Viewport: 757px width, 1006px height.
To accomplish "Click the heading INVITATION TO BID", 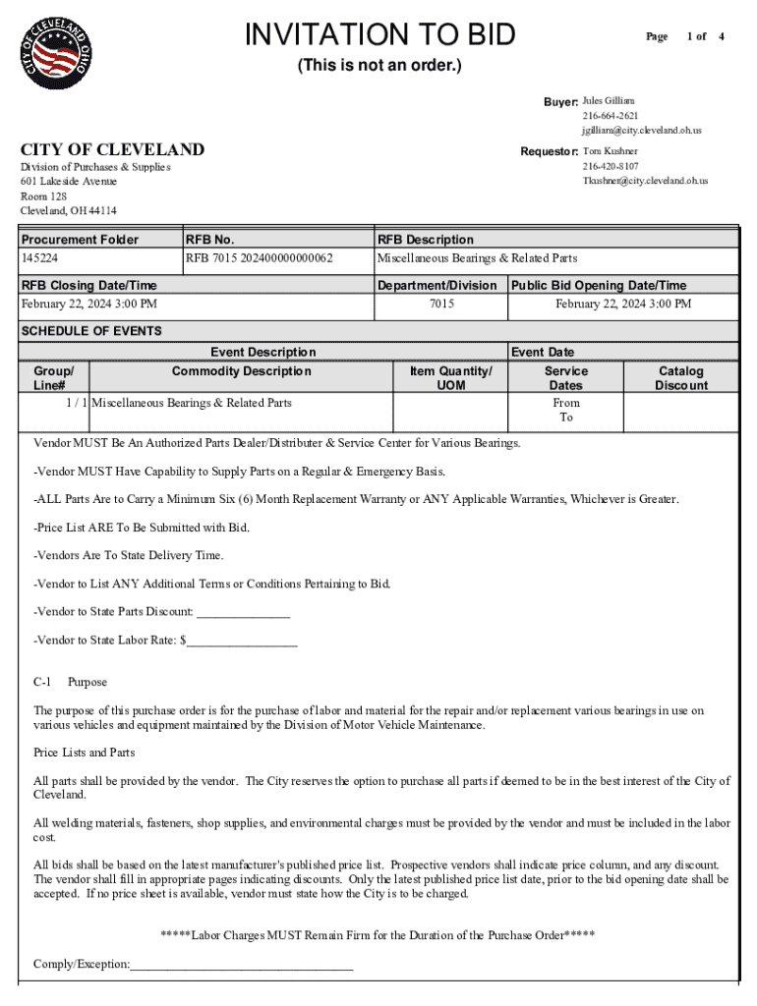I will (379, 35).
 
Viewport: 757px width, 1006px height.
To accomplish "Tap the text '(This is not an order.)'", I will (379, 67).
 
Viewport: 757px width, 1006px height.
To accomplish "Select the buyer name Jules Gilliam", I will (609, 101).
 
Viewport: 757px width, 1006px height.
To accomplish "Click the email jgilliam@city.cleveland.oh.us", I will (641, 130).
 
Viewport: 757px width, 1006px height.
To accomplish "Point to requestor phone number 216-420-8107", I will (610, 166).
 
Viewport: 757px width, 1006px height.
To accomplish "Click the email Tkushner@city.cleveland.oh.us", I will (645, 181).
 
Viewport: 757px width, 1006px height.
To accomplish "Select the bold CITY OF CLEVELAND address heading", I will (113, 150).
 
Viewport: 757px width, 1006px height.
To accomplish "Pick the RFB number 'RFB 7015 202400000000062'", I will (260, 258).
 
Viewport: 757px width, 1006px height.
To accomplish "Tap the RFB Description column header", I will (426, 240).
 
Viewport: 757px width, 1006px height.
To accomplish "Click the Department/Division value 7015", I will (441, 305).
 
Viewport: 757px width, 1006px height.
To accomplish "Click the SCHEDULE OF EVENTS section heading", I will (91, 331).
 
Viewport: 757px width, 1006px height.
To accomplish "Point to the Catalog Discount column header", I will (680, 378).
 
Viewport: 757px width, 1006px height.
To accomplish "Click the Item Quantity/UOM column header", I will (450, 378).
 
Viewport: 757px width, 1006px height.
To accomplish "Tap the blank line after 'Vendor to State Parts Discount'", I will (244, 613).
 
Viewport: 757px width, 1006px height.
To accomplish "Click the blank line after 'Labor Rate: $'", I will (242, 642).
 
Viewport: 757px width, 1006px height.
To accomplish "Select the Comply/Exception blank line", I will (242, 966).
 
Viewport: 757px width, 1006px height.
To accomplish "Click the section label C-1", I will (42, 682).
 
